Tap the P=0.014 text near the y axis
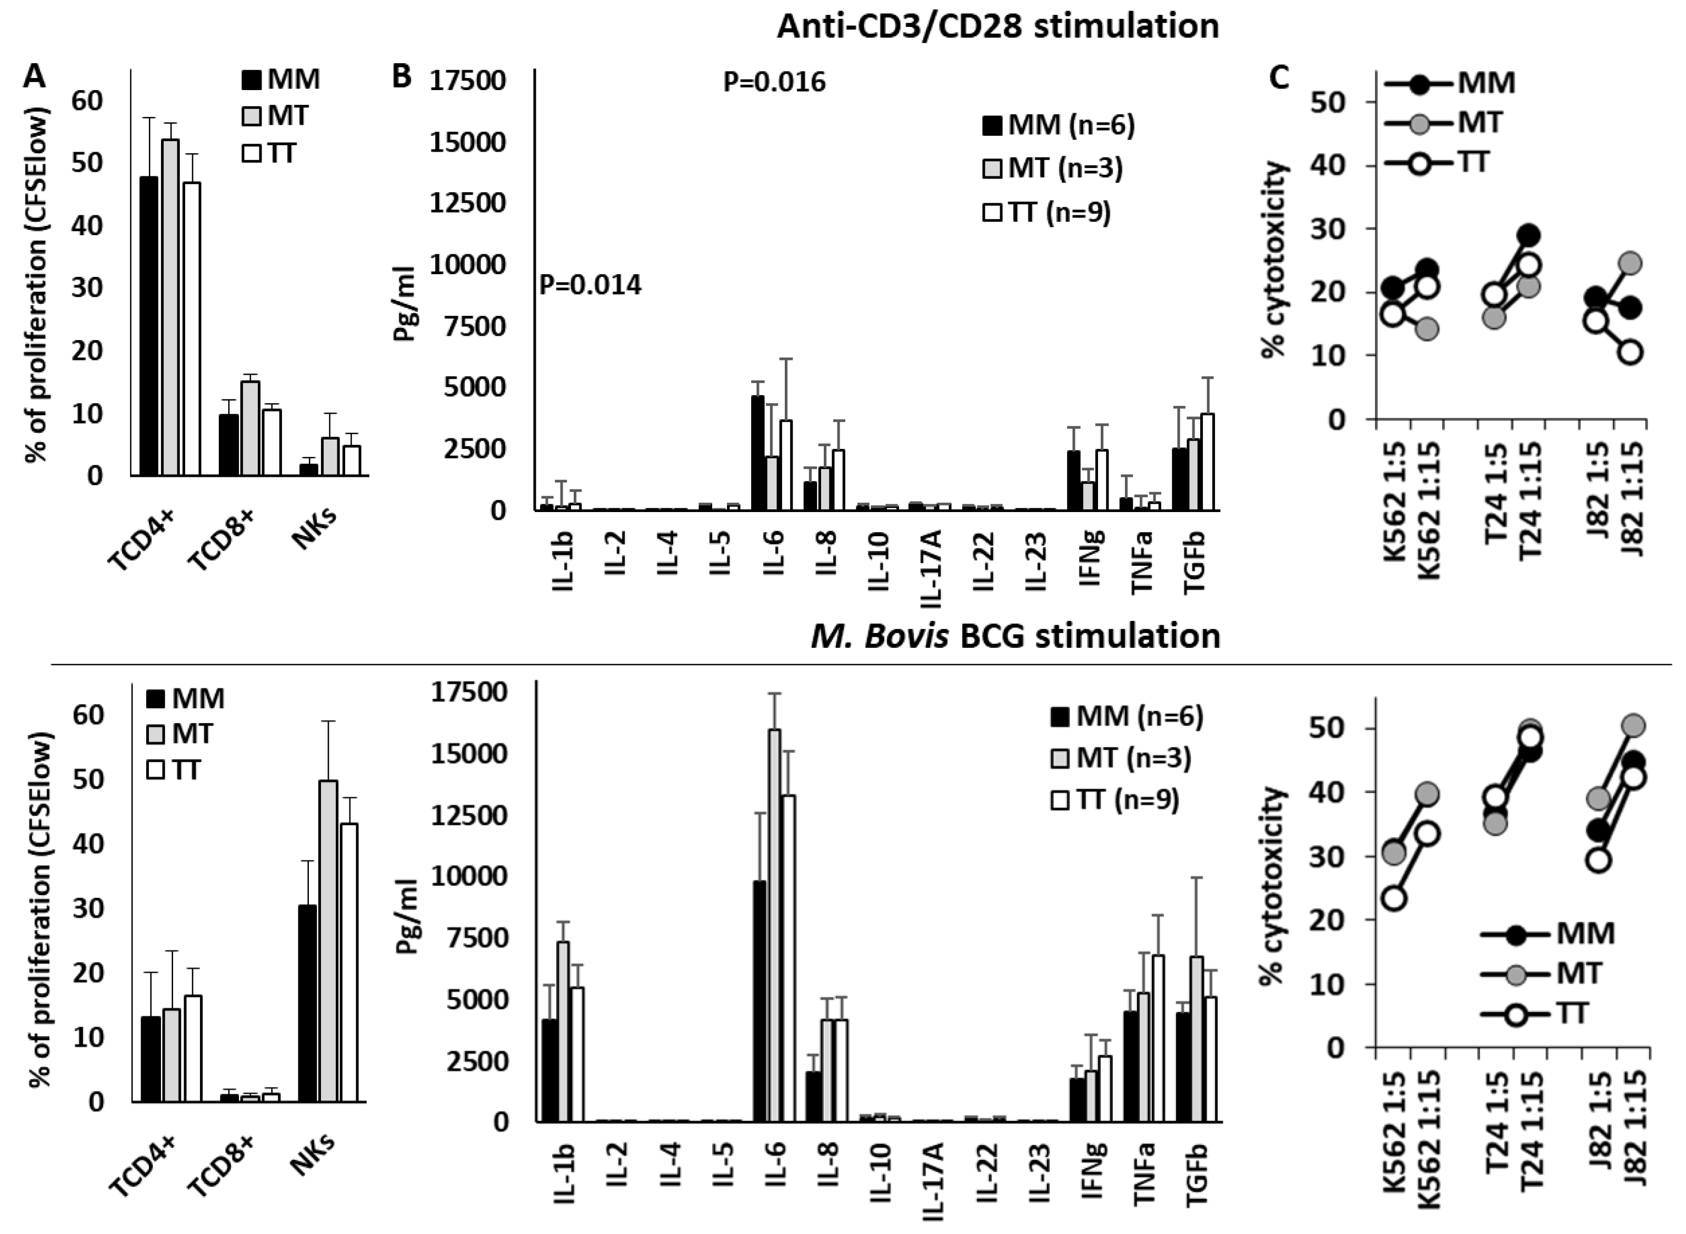pyautogui.click(x=590, y=285)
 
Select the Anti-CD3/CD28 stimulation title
pyautogui.click(x=997, y=26)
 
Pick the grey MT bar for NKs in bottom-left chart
pyautogui.click(x=328, y=941)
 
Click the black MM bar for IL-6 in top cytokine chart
pyautogui.click(x=757, y=453)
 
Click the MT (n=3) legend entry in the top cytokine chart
pyautogui.click(x=1052, y=169)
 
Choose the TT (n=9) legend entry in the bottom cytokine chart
pyautogui.click(x=1114, y=800)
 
